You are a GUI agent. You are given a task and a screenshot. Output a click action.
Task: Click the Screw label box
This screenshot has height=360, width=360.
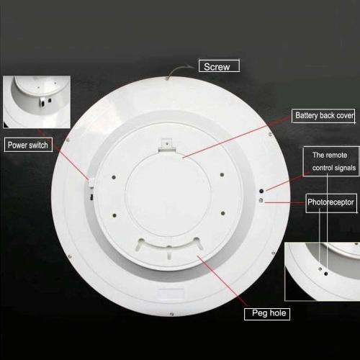219,66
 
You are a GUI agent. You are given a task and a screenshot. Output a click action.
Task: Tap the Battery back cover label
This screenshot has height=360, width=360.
323,116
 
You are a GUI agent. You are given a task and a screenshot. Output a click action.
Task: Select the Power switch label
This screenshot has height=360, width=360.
28,145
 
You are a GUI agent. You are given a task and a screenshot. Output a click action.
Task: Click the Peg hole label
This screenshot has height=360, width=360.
267,314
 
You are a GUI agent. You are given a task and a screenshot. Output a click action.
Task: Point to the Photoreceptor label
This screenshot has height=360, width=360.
331,203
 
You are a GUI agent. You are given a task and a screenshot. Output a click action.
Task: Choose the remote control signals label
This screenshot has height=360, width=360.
331,161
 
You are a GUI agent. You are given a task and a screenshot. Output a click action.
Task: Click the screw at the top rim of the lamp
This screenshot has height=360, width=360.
167,78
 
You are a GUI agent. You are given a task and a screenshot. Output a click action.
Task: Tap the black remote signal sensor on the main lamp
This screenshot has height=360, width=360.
261,191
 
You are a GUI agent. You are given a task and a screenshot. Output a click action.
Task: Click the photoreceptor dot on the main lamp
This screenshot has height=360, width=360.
261,200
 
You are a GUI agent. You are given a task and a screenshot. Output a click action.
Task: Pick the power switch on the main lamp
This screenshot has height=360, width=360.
91,183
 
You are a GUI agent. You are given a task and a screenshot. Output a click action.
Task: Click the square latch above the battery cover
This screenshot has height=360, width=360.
167,143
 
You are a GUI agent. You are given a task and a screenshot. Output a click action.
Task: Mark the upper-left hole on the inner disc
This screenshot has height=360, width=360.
114,177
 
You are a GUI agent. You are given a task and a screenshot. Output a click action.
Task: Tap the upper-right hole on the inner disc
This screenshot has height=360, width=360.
222,174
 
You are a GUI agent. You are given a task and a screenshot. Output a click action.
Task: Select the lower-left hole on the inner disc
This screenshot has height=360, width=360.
114,215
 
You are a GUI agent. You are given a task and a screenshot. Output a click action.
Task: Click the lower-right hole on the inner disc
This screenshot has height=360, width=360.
222,213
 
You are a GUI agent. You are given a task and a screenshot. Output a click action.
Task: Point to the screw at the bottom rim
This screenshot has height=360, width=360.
171,314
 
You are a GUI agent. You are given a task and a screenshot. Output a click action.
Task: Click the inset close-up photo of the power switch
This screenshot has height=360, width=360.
37,102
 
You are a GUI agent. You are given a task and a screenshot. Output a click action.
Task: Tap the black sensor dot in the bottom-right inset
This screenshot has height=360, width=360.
325,274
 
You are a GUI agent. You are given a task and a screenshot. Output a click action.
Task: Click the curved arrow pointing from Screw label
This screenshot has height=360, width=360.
181,70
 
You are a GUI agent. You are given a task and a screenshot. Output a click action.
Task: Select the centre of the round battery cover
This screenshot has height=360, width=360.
168,197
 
